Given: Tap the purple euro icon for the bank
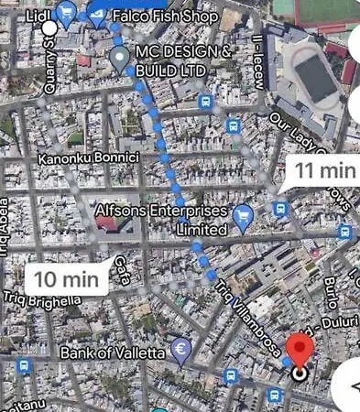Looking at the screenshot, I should point(181,350).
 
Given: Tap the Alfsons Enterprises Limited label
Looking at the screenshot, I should point(160,220).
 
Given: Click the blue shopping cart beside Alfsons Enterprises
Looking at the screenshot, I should point(243,217).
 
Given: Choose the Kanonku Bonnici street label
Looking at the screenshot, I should point(87,158).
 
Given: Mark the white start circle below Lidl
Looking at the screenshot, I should point(49,28).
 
